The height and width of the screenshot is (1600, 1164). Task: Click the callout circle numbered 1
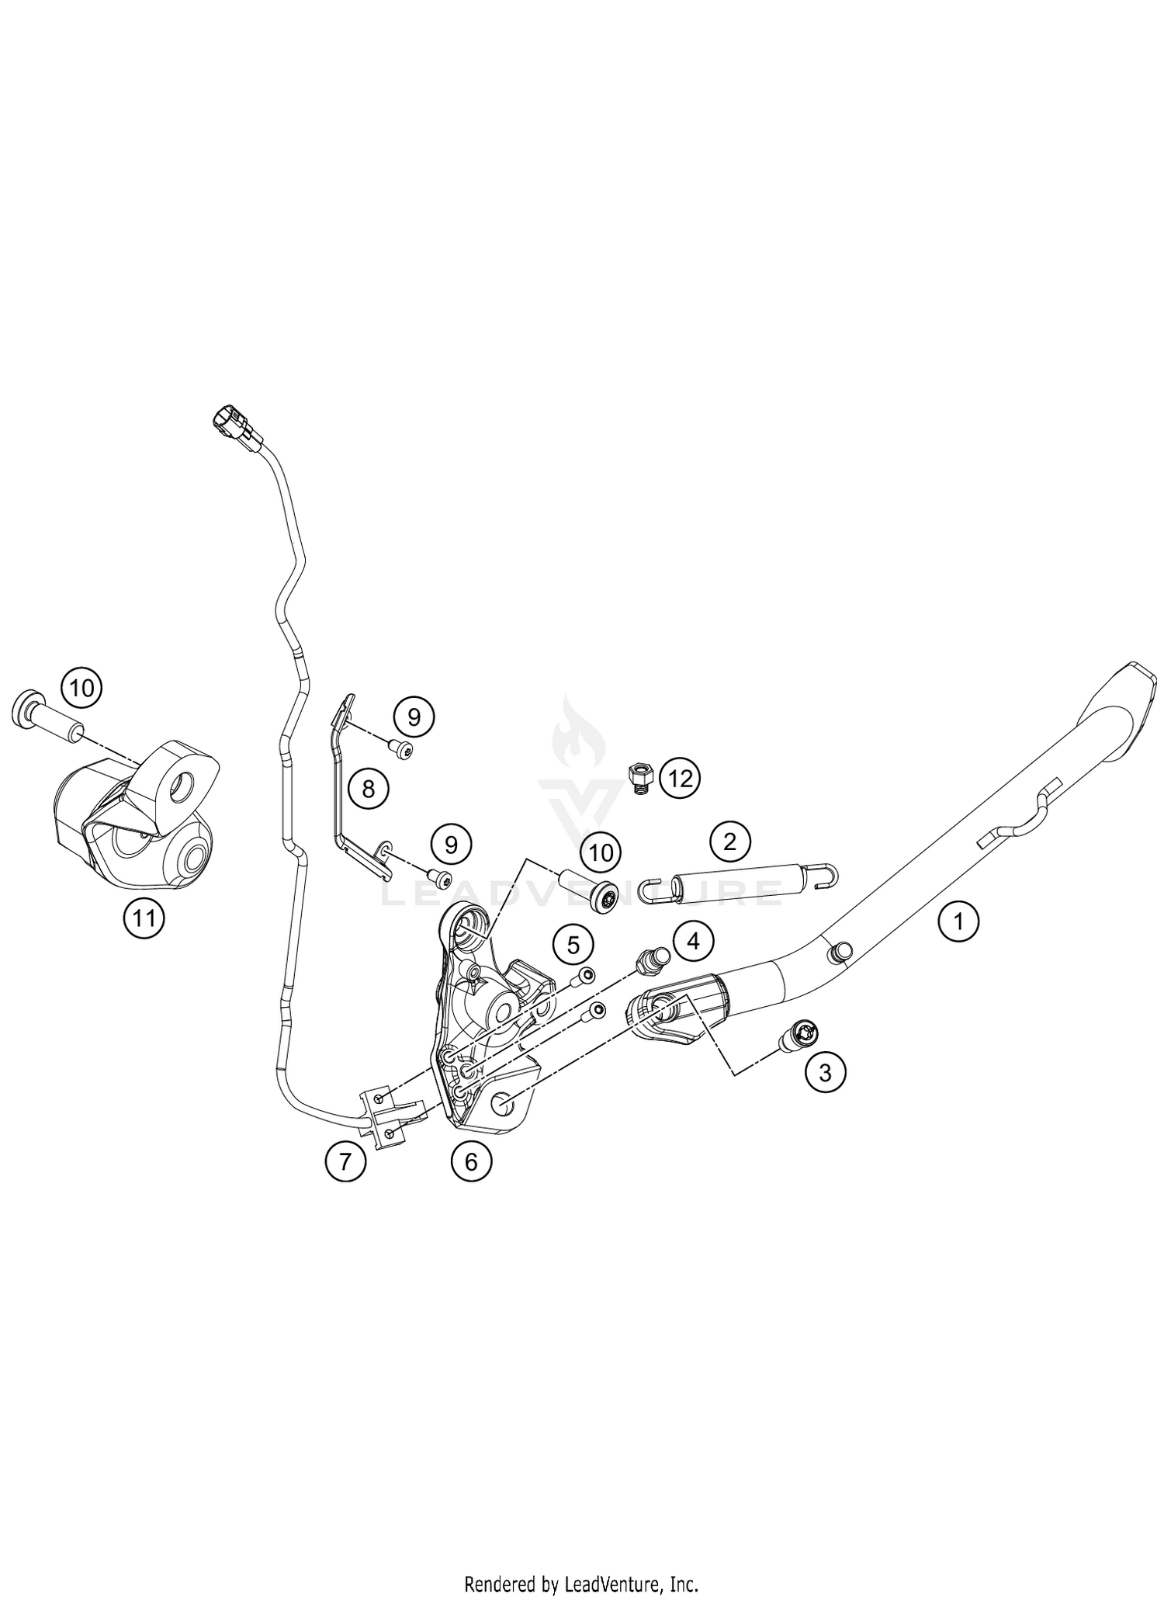(x=958, y=921)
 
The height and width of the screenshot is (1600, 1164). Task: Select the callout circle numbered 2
(x=729, y=841)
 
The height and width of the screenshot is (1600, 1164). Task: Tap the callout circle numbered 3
(x=825, y=1072)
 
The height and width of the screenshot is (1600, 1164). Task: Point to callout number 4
(x=693, y=941)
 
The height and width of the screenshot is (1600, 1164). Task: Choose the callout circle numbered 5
(x=573, y=945)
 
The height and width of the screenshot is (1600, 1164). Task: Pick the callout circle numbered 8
(x=368, y=789)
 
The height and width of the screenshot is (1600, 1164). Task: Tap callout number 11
(x=144, y=919)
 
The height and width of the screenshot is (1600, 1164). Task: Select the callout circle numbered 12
(x=680, y=777)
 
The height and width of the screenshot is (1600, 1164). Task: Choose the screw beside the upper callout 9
(x=403, y=749)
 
